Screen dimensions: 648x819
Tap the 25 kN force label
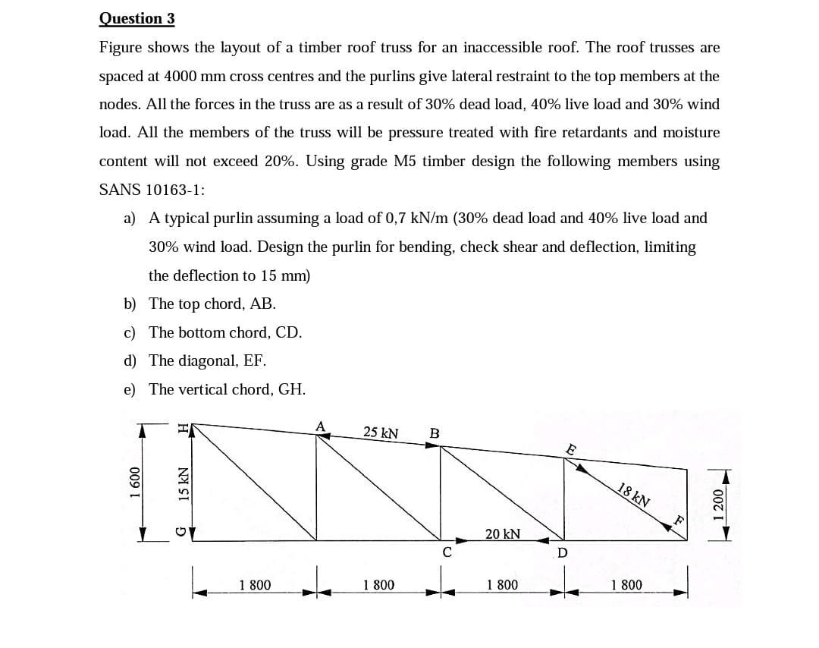click(x=381, y=433)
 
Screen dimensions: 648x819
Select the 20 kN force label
click(x=502, y=533)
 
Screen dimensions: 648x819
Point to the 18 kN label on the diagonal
click(x=634, y=495)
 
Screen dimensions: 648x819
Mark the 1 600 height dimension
click(x=134, y=483)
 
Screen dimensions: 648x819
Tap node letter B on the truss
click(x=434, y=433)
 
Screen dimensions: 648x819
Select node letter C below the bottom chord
click(x=447, y=552)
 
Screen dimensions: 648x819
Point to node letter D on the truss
click(x=562, y=552)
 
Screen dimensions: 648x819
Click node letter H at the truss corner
click(x=182, y=429)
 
